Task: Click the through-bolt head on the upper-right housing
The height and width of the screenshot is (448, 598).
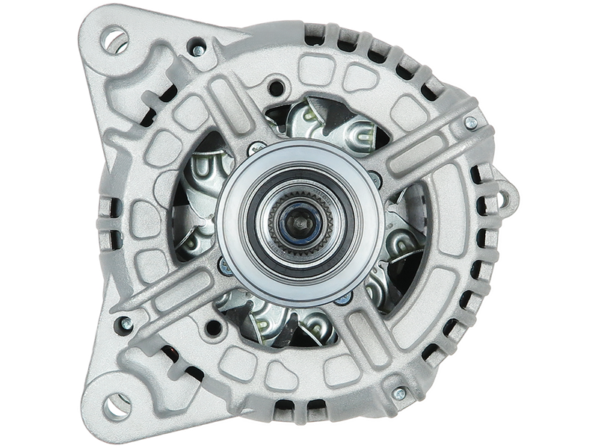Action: [x=469, y=122]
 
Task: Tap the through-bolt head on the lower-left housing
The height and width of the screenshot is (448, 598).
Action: [x=125, y=323]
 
